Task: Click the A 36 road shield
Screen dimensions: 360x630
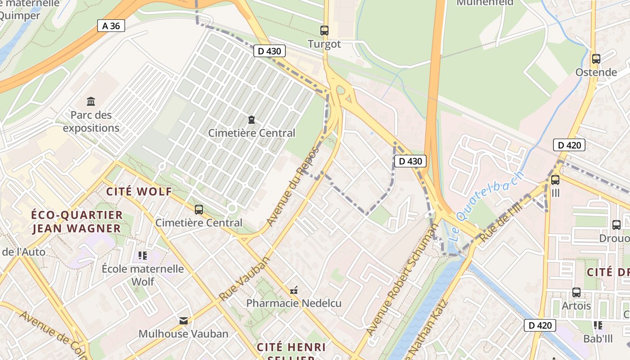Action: tap(111, 26)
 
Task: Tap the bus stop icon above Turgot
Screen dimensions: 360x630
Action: tap(324, 31)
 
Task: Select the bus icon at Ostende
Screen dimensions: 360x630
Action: tap(596, 58)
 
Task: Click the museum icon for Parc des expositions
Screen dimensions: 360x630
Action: tap(91, 101)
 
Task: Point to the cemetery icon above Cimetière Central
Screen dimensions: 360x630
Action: tap(252, 120)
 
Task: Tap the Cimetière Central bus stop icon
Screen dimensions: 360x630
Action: tap(199, 209)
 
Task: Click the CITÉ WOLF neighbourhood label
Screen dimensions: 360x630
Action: tap(139, 191)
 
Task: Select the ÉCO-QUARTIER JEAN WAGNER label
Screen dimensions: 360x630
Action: tap(77, 221)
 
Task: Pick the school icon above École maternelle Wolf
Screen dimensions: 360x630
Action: tap(143, 256)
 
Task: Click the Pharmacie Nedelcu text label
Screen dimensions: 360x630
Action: tap(294, 303)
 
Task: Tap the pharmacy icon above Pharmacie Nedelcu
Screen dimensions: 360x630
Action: tap(294, 290)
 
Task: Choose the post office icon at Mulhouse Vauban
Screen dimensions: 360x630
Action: tap(184, 320)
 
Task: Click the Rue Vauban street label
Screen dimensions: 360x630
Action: tap(245, 279)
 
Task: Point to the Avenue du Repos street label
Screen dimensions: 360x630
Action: tap(292, 186)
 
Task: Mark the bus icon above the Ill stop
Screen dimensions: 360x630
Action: tap(555, 180)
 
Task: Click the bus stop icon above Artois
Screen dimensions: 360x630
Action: tap(576, 292)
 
